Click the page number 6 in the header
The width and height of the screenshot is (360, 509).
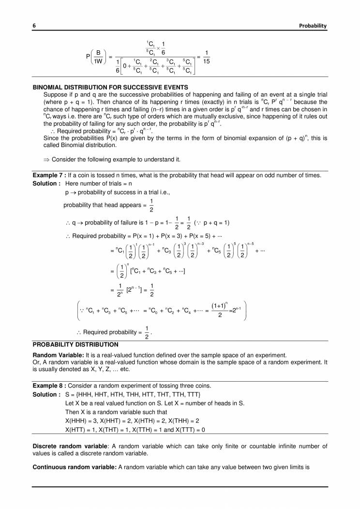pos(34,26)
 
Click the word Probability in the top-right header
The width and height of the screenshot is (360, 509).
pos(313,26)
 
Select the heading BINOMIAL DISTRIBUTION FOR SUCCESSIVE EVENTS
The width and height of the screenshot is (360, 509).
pos(110,87)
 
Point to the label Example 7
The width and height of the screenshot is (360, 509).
pos(48,175)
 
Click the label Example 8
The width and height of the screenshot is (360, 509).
pos(48,385)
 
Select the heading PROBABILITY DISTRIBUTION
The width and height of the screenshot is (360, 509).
pos(75,344)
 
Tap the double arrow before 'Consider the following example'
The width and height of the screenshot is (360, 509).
pos(46,160)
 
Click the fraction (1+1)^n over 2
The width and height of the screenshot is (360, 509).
pos(220,312)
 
